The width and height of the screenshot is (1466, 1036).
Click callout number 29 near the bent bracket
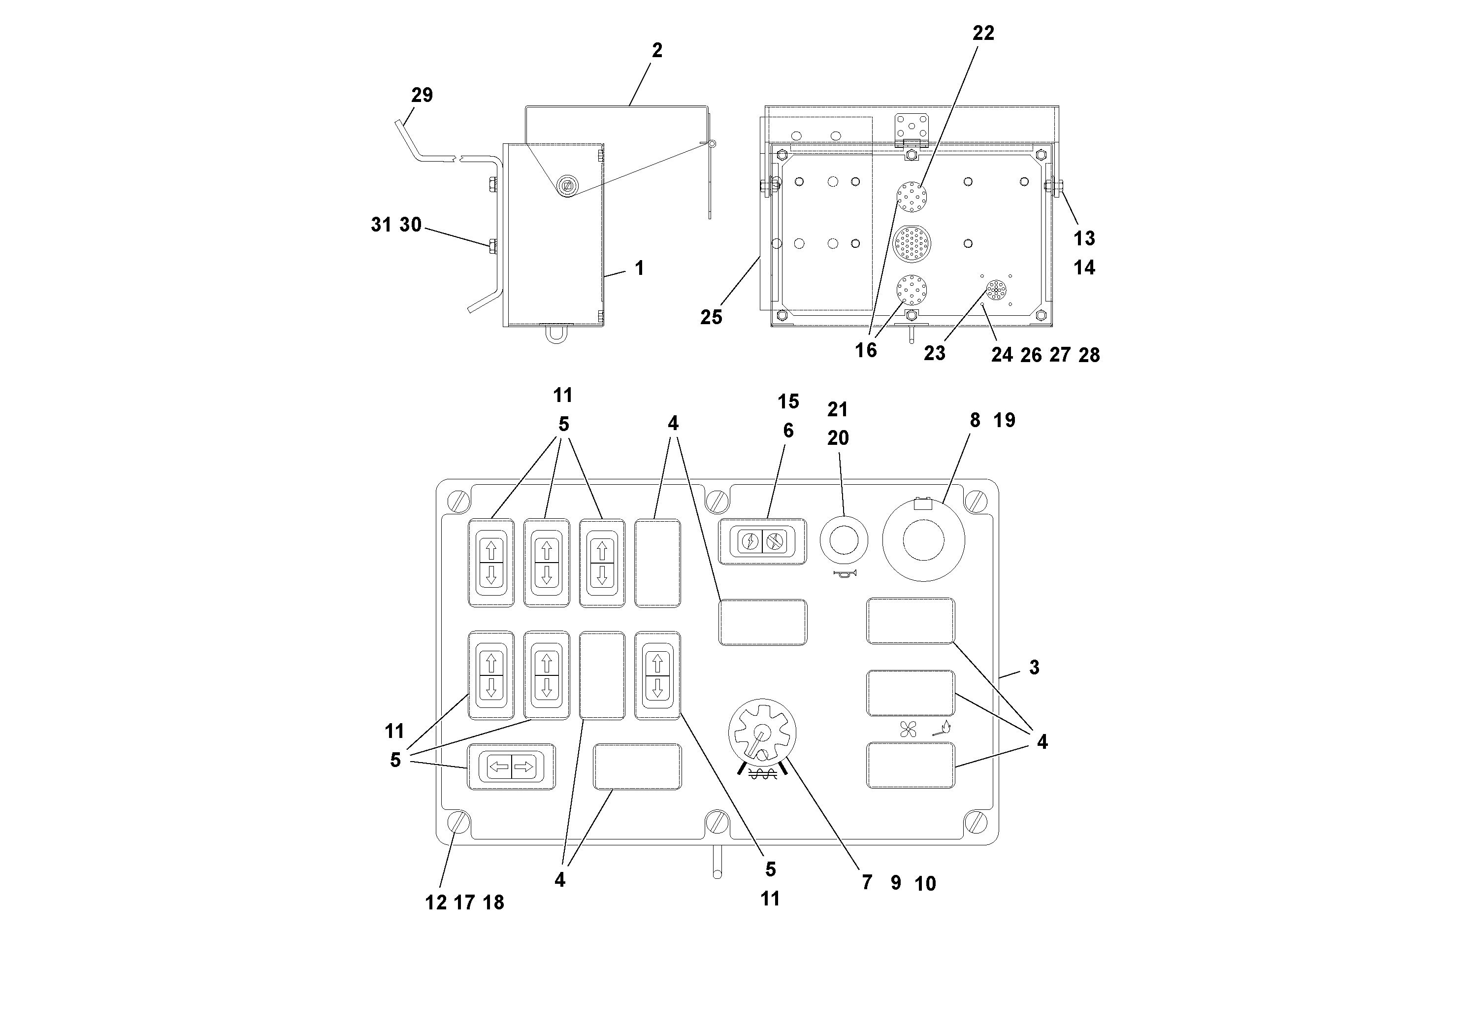click(422, 95)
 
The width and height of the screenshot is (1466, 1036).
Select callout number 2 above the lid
click(657, 50)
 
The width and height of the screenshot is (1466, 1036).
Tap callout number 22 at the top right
click(982, 33)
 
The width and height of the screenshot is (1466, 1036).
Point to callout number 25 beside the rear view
click(711, 317)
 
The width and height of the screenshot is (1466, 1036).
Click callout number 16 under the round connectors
click(866, 350)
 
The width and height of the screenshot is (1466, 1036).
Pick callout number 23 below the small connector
click(934, 353)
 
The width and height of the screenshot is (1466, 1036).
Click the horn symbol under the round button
click(845, 573)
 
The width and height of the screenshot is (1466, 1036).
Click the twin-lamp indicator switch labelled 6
click(762, 541)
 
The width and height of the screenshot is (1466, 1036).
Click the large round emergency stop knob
click(923, 540)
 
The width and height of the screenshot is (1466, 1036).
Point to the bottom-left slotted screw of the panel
click(458, 821)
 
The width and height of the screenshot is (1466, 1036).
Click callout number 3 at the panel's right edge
click(1034, 668)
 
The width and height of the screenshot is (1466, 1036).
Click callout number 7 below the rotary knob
click(866, 882)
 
